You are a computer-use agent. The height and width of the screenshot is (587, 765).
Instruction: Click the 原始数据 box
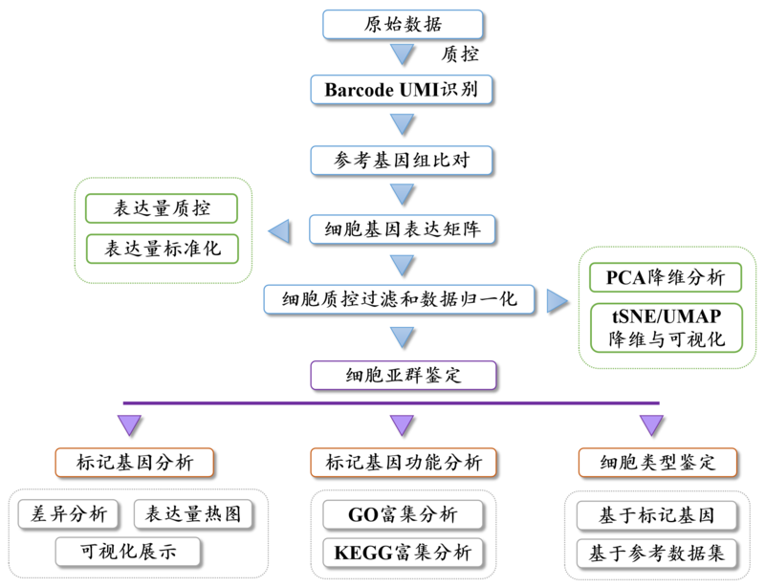pyautogui.click(x=403, y=25)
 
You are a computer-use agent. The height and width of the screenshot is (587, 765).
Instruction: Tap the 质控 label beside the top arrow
pyautogui.click(x=463, y=54)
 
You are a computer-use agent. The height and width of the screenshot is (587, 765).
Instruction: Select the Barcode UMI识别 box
pyautogui.click(x=403, y=91)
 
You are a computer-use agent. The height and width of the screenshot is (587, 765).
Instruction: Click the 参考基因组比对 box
pyautogui.click(x=403, y=160)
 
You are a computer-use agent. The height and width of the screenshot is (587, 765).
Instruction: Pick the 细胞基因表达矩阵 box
pyautogui.click(x=403, y=229)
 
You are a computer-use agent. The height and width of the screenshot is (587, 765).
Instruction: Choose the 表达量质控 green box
pyautogui.click(x=162, y=208)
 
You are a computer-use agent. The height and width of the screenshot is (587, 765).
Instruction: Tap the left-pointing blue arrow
pyautogui.click(x=279, y=230)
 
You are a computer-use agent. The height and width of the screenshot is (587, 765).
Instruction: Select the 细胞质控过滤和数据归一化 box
pyautogui.click(x=401, y=299)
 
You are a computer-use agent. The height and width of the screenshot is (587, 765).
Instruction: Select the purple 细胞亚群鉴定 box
pyautogui.click(x=403, y=374)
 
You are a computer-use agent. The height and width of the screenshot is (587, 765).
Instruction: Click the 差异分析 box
pyautogui.click(x=69, y=514)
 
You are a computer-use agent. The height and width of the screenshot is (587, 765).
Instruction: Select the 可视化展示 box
pyautogui.click(x=128, y=552)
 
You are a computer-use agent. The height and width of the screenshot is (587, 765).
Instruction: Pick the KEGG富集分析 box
pyautogui.click(x=403, y=553)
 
